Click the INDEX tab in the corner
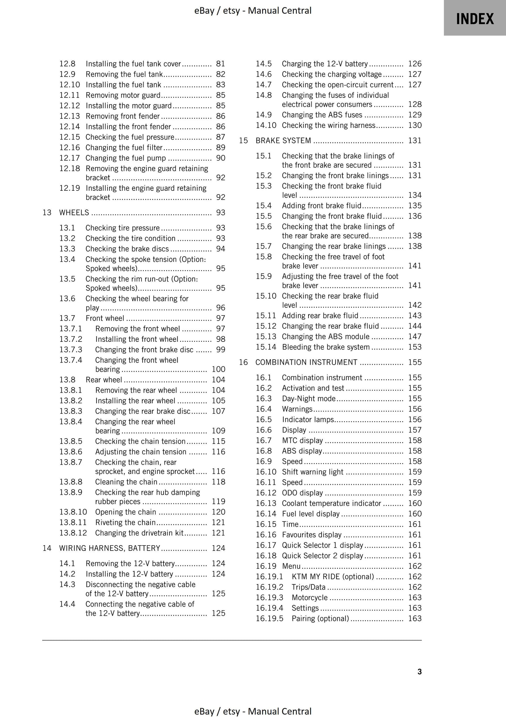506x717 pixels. [x=474, y=18]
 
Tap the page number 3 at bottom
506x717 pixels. [x=420, y=671]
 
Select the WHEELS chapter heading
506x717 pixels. [x=74, y=212]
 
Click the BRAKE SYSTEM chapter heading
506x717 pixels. [x=283, y=141]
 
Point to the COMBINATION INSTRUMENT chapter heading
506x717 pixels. [x=306, y=362]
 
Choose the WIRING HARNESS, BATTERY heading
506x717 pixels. [x=110, y=548]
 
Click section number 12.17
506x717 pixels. [x=70, y=158]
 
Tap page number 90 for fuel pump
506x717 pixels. [x=221, y=158]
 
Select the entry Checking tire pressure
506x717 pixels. [x=123, y=228]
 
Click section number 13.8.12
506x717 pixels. [x=73, y=533]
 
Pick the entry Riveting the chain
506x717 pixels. [x=125, y=522]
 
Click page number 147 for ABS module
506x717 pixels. [x=415, y=337]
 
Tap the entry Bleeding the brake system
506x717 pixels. [x=326, y=347]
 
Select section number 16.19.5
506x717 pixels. [x=269, y=618]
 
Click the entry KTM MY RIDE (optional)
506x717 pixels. [x=333, y=576]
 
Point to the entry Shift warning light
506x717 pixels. [x=312, y=472]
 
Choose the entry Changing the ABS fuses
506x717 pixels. [x=322, y=115]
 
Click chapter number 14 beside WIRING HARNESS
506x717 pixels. [x=47, y=548]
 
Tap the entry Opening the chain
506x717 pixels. [x=126, y=512]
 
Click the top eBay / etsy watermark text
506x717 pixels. [x=253, y=11]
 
